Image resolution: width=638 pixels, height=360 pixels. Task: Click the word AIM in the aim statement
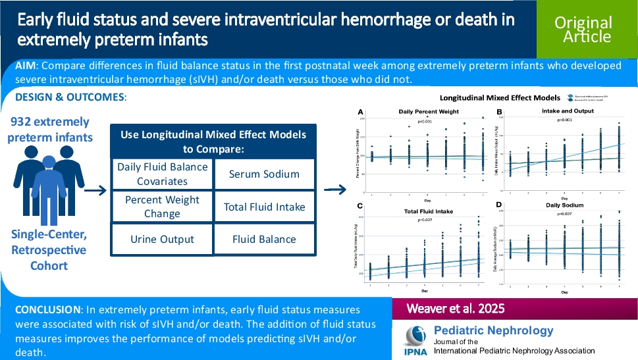(28, 66)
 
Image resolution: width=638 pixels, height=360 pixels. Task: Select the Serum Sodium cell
(263, 174)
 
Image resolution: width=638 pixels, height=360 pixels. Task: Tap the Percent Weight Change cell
(162, 207)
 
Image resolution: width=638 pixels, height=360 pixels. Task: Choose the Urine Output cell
(162, 239)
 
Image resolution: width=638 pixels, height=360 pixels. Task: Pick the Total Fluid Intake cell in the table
(263, 207)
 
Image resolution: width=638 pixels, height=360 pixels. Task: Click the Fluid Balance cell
(263, 239)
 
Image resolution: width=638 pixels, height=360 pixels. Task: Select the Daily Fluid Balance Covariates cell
(162, 174)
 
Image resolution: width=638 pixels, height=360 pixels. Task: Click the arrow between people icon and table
(97, 191)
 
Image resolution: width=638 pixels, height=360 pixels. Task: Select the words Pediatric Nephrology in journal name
(494, 330)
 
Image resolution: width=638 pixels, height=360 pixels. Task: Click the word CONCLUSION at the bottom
(48, 309)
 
